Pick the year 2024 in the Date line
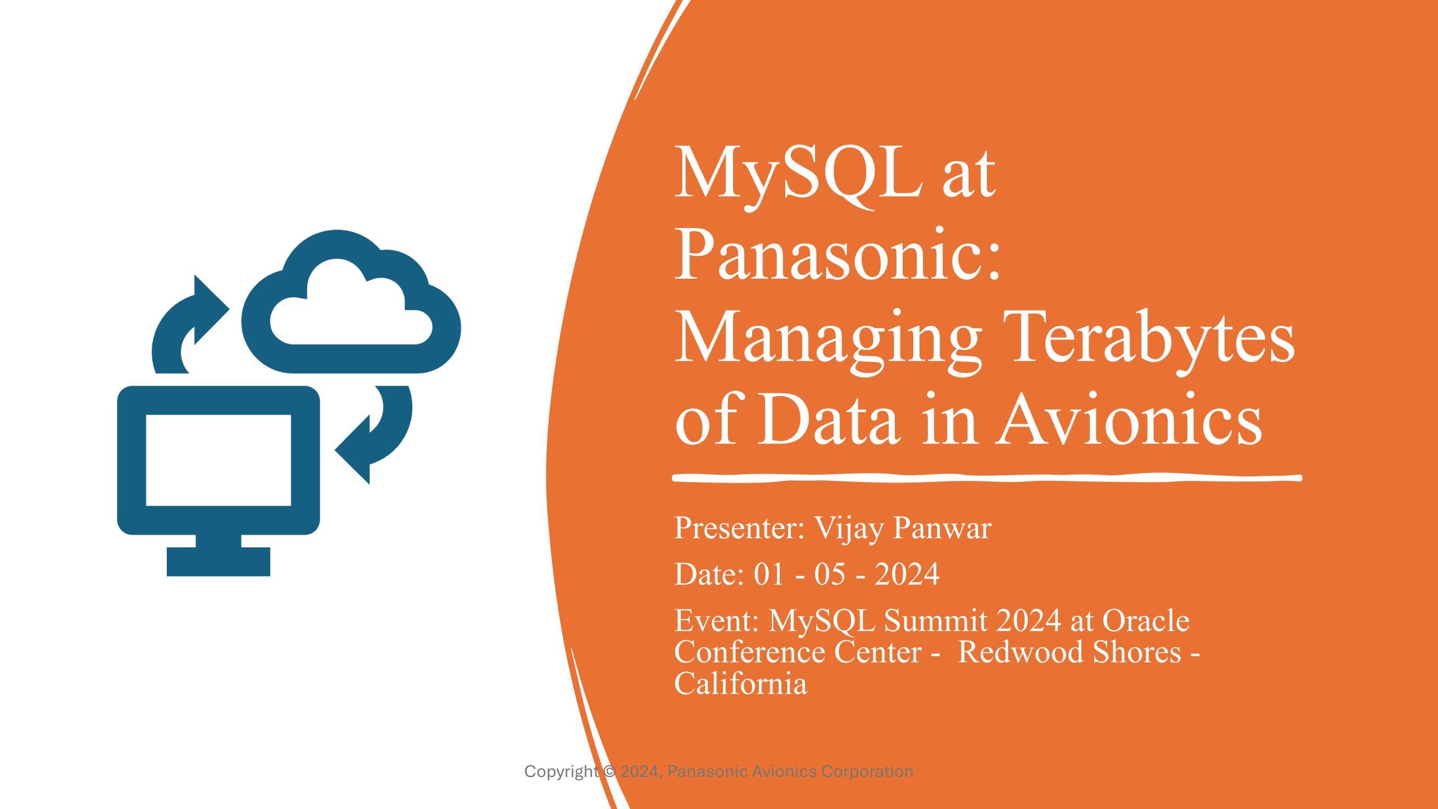[907, 574]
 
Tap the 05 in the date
[830, 574]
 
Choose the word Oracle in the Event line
[1146, 621]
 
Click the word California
[741, 684]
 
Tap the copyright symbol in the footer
[609, 772]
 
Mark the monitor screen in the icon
[219, 460]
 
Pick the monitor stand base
[219, 562]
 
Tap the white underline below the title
[987, 478]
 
